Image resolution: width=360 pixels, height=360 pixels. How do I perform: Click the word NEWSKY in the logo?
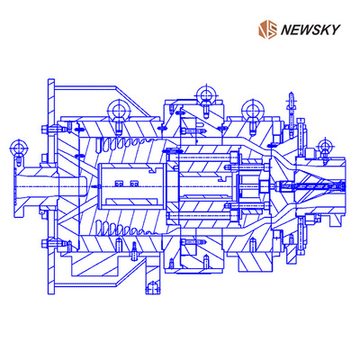tap(310, 30)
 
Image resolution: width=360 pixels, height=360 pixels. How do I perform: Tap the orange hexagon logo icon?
tap(267, 30)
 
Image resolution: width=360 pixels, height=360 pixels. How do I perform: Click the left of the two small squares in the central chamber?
tap(119, 183)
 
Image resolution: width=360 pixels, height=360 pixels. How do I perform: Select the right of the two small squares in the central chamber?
tap(134, 183)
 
